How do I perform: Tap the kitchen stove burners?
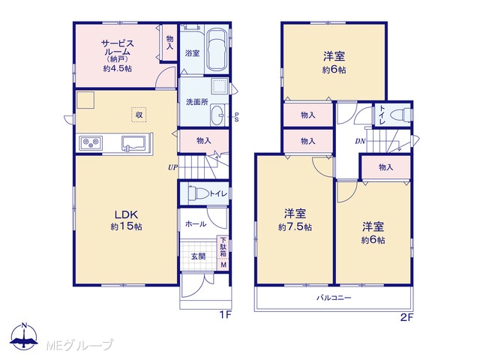click(91, 142)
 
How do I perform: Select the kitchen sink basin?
click(135, 142)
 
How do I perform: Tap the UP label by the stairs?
click(172, 167)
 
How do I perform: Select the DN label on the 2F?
click(360, 141)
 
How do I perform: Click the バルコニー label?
click(334, 297)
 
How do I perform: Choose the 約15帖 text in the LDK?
click(126, 226)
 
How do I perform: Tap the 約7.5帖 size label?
click(295, 227)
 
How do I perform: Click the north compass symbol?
click(24, 337)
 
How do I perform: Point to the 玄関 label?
click(198, 256)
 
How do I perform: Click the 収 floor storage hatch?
click(139, 115)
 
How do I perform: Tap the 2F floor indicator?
click(406, 318)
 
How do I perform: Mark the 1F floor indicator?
click(226, 315)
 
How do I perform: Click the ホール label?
click(196, 224)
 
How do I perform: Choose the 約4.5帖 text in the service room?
click(118, 68)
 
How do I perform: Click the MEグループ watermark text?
click(79, 345)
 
